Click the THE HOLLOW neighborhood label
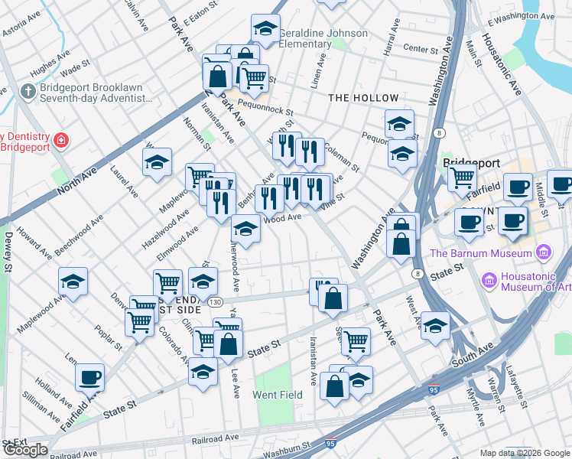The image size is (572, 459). pos(364,98)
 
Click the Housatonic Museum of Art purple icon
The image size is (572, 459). pos(489,281)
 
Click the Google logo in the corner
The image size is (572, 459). pos(25,450)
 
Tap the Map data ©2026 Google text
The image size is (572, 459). pos(525,453)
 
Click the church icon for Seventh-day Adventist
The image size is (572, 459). pos(28,91)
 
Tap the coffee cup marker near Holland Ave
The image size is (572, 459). pos(90,377)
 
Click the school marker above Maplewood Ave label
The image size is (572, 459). pos(73,282)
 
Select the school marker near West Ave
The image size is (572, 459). pos(435,326)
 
